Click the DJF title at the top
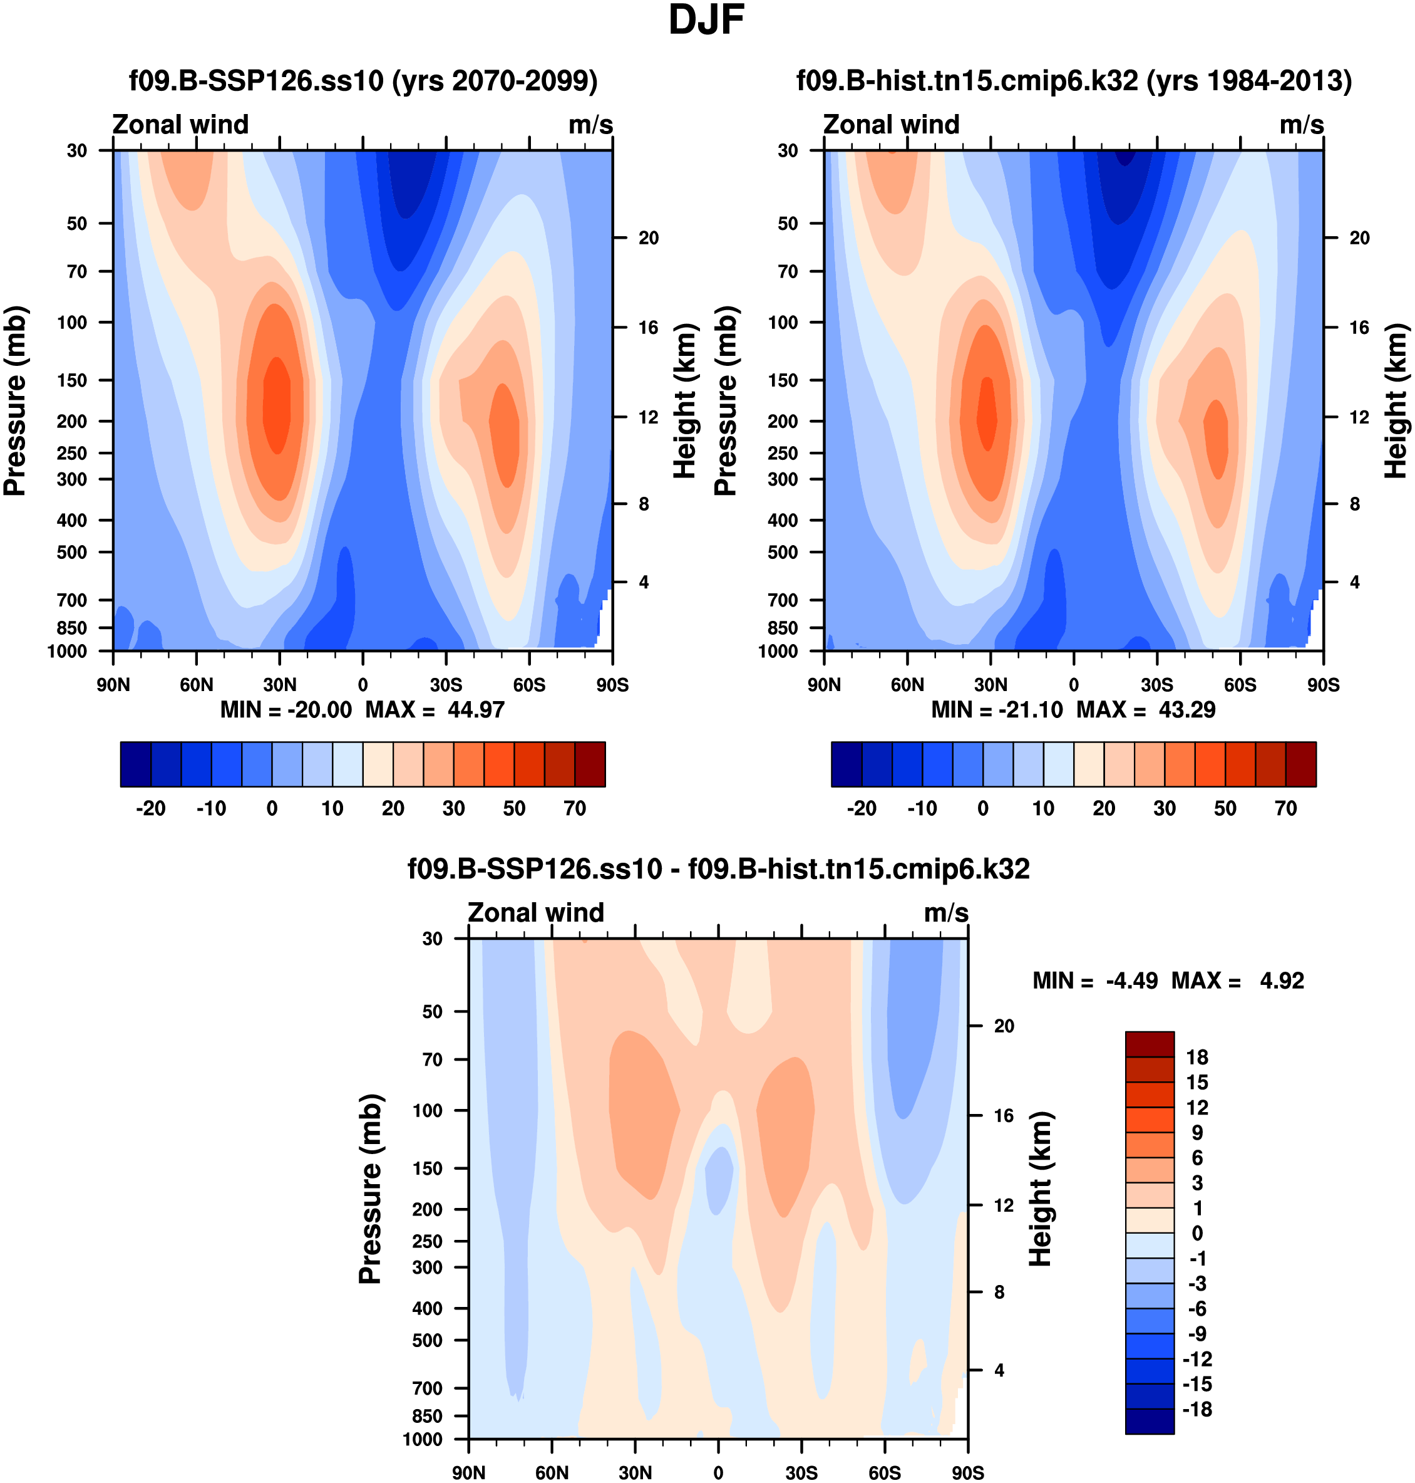706,21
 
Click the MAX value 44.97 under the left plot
475,710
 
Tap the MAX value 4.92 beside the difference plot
1282,981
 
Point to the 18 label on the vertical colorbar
1197,1058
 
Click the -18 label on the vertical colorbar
1197,1410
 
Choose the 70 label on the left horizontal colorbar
575,808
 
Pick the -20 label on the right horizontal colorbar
862,808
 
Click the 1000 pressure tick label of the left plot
67,652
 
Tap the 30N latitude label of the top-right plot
990,685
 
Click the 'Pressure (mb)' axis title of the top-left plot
15,401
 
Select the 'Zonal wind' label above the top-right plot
891,125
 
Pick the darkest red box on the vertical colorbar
1150,1044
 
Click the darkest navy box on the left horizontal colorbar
136,764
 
